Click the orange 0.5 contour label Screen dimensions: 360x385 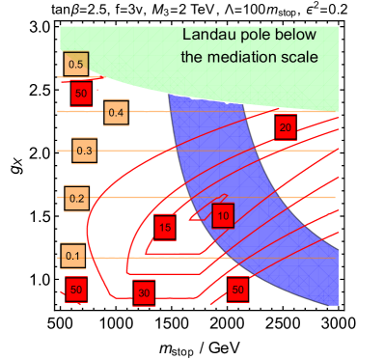coord(76,65)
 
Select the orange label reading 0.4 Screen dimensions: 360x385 coord(116,113)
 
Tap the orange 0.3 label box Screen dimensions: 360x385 coord(84,151)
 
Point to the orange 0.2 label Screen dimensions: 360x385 coord(77,199)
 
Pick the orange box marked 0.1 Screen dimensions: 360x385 coord(72,256)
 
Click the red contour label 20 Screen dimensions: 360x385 coord(284,127)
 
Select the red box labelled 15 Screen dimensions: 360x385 coord(165,228)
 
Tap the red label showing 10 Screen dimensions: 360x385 coord(223,216)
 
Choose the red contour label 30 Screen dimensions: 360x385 coord(144,292)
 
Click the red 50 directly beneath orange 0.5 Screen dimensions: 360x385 coord(82,94)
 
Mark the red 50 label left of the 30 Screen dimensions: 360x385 coord(76,290)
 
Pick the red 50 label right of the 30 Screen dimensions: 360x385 coord(238,289)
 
